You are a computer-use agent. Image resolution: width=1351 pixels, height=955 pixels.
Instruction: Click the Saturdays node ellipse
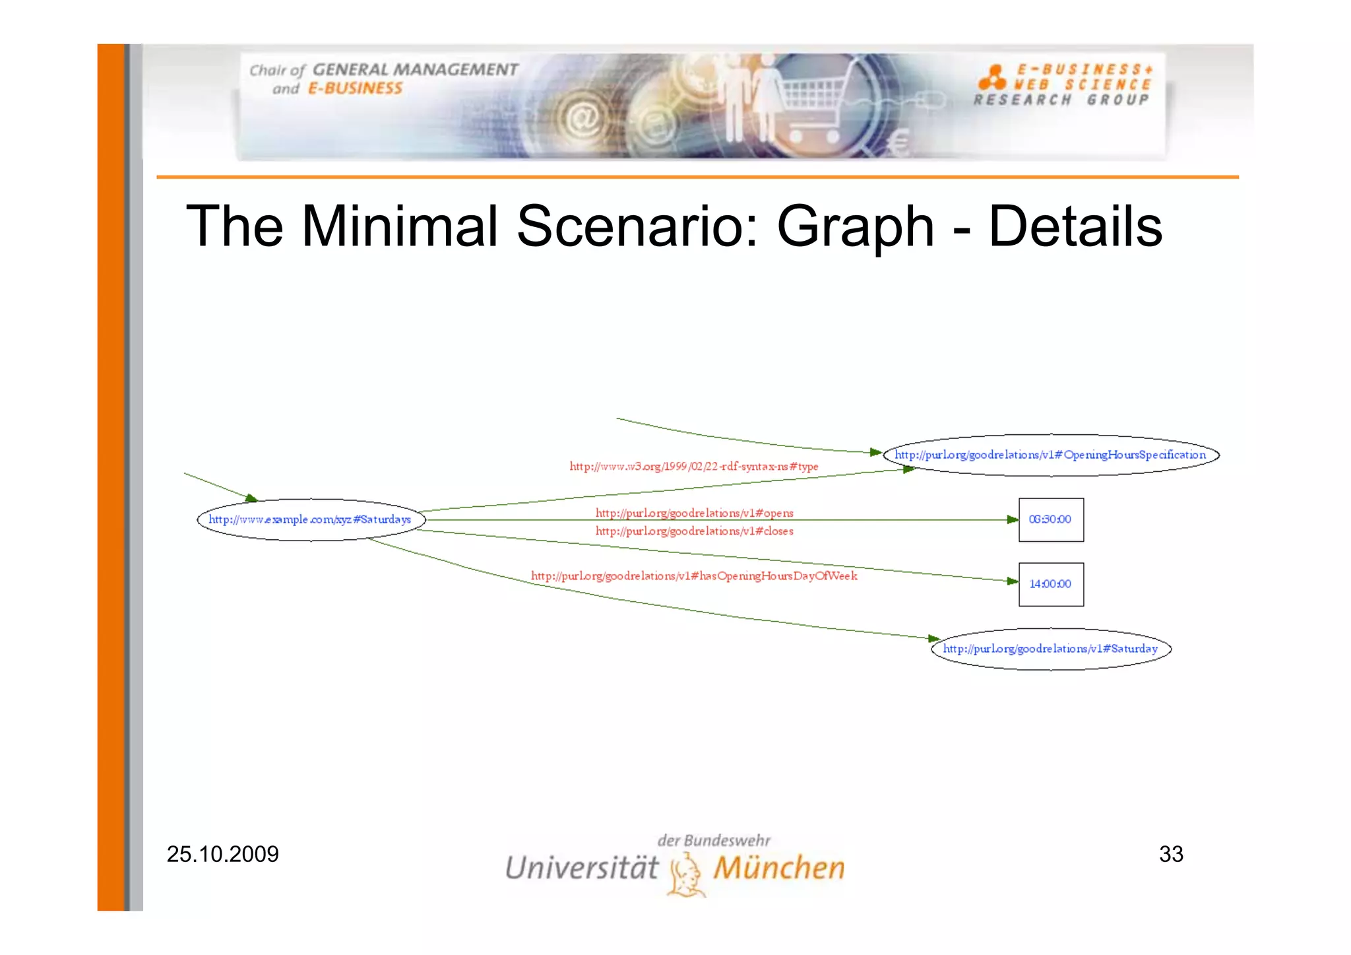[311, 519]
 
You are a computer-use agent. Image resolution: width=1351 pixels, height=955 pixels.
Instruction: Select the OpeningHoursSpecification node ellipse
[1050, 455]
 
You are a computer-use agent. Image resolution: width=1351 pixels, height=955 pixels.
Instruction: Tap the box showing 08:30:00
[1050, 519]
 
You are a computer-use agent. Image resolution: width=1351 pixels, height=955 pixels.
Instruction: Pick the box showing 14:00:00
[1050, 584]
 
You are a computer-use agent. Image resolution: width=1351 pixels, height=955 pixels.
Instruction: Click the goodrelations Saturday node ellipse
[1050, 649]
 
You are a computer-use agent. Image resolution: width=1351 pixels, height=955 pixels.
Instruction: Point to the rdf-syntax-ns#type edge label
[693, 467]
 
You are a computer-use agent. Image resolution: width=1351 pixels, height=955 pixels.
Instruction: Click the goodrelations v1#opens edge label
[694, 513]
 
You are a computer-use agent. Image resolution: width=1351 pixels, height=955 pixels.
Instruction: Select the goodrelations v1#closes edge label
[694, 531]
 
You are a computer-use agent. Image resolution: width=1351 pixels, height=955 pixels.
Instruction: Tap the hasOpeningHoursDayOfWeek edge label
[694, 576]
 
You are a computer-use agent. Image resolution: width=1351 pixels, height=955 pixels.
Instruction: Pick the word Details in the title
[1075, 226]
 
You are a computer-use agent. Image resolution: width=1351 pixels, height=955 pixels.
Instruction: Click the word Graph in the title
[855, 226]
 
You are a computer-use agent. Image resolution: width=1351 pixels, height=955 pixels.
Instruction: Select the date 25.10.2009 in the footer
[222, 854]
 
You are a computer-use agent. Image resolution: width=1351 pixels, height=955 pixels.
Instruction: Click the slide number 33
[1171, 854]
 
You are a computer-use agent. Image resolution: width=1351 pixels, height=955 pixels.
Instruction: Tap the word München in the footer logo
[778, 868]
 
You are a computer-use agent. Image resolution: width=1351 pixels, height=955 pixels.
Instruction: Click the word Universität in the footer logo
[581, 868]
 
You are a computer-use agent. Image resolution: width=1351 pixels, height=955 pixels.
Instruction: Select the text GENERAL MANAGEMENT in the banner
[415, 70]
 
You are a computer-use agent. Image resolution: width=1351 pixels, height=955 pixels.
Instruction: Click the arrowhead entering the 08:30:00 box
[1013, 520]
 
